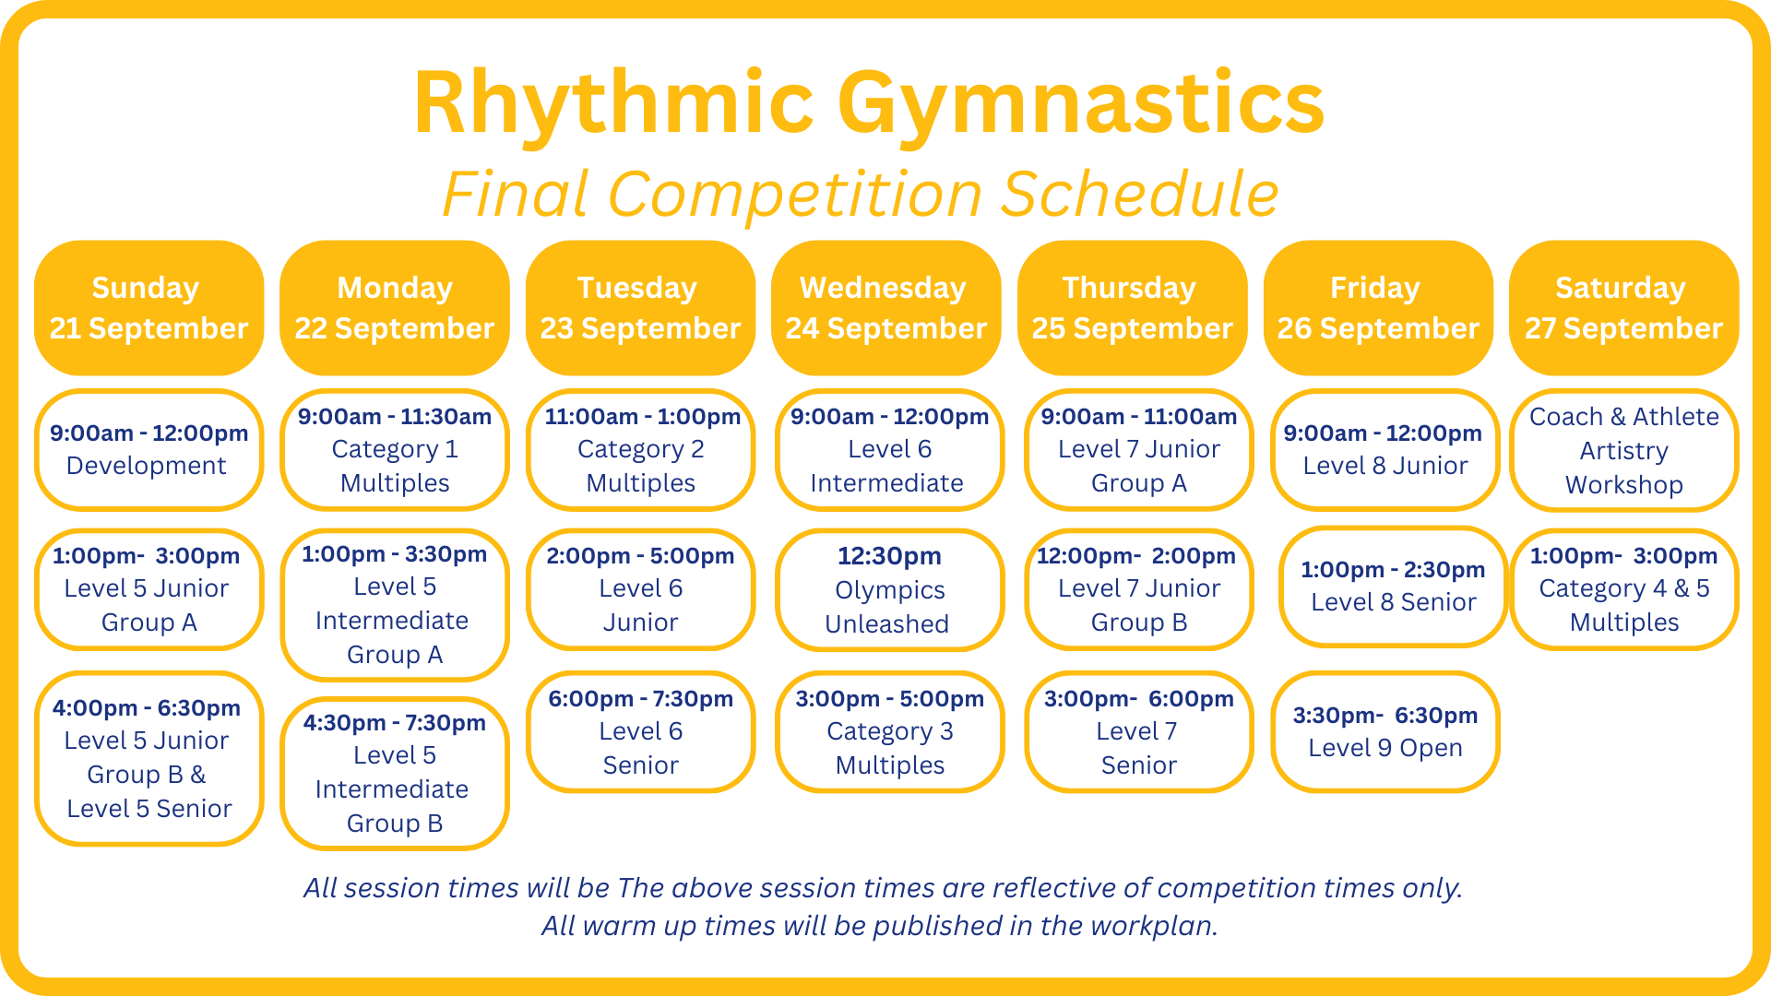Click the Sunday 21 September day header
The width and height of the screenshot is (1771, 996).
pos(149,308)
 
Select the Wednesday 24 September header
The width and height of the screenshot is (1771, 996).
pos(886,308)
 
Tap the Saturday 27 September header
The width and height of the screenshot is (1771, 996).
pos(1624,308)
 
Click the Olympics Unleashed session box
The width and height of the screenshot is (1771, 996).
pos(889,589)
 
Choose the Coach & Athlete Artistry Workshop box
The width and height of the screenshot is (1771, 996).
pos(1624,450)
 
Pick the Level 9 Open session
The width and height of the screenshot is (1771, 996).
pos(1385,731)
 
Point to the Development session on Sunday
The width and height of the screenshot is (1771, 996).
pos(149,450)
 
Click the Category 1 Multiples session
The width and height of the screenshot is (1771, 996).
pos(395,450)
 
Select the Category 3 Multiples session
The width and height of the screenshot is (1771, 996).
pos(889,731)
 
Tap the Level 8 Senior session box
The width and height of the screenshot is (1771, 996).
pos(1393,587)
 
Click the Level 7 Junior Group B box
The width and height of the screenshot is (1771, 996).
pos(1139,589)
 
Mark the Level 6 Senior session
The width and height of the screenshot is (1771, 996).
pos(640,731)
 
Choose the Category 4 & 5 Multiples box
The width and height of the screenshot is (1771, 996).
pos(1624,589)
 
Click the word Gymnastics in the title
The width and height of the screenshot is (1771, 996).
pos(1081,104)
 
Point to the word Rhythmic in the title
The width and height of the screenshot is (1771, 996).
pos(613,104)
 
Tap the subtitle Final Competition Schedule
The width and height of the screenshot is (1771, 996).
pos(861,195)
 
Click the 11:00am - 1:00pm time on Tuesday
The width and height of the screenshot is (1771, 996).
pos(642,417)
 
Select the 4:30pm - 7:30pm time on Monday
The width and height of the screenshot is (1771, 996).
pos(395,723)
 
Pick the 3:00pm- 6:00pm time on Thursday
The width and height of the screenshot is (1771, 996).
pos(1139,699)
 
